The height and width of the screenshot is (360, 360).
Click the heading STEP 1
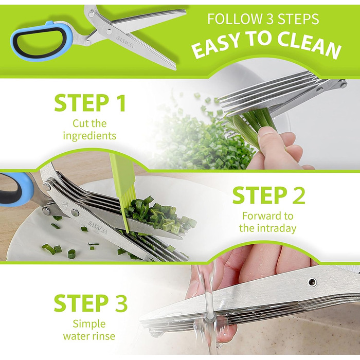pyautogui.click(x=90, y=103)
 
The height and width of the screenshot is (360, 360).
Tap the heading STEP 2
pyautogui.click(x=268, y=195)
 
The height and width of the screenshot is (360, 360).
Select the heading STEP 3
pyautogui.click(x=91, y=303)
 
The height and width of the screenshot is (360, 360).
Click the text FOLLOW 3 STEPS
pyautogui.click(x=263, y=19)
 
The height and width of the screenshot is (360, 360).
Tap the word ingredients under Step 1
pyautogui.click(x=89, y=136)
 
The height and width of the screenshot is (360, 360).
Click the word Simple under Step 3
pyautogui.click(x=89, y=325)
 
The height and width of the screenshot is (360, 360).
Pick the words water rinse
pyautogui.click(x=89, y=336)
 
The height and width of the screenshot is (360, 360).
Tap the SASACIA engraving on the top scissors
pyautogui.click(x=124, y=42)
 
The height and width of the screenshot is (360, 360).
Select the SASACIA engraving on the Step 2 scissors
pyautogui.click(x=97, y=227)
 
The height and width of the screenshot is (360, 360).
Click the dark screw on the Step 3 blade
pyautogui.click(x=312, y=281)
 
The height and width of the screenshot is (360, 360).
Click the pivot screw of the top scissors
pyautogui.click(x=109, y=30)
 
